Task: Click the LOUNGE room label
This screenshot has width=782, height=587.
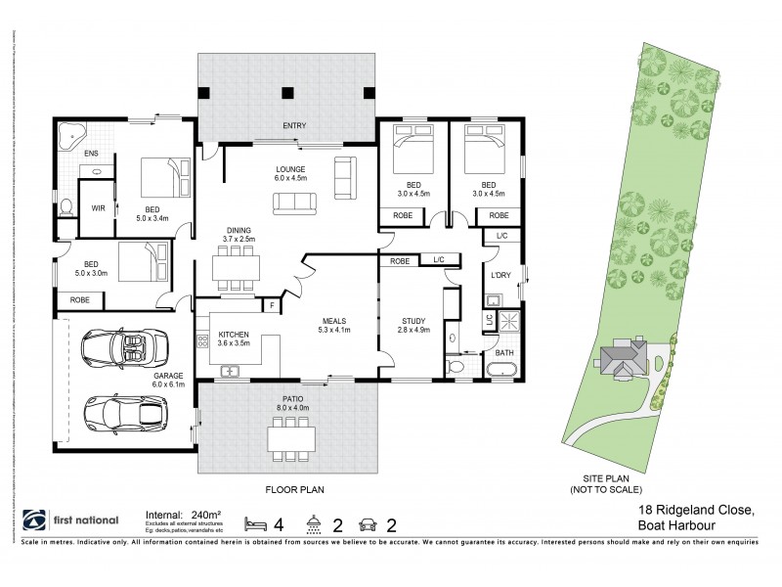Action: [x=290, y=172]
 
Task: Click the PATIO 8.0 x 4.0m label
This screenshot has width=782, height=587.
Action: [x=291, y=405]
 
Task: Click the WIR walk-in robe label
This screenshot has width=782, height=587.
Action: [x=97, y=208]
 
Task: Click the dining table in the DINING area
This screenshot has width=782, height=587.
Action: [x=237, y=265]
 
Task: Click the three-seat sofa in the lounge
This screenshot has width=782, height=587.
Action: [x=295, y=203]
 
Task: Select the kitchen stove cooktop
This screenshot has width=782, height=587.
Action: [x=203, y=341]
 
